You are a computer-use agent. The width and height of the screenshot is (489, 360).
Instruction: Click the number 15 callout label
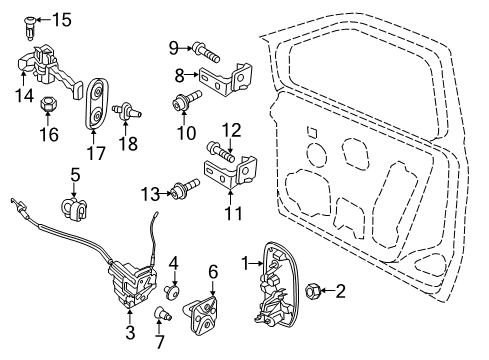tap(62, 19)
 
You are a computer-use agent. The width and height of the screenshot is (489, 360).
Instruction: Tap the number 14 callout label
tap(23, 95)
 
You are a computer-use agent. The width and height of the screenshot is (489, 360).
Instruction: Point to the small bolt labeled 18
tap(126, 111)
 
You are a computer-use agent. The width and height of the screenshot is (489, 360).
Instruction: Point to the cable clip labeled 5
tap(75, 207)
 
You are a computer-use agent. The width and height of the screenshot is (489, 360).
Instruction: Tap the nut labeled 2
tap(311, 291)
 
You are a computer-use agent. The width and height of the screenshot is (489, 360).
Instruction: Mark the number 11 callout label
tap(233, 213)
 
